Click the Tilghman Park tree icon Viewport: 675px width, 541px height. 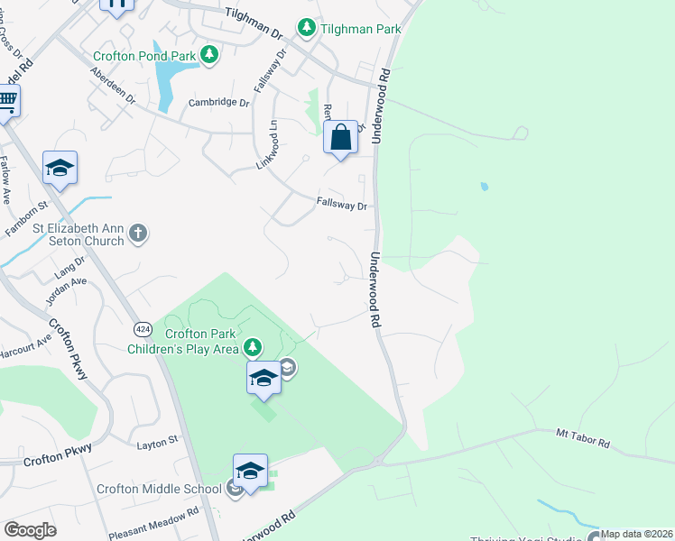pyautogui.click(x=307, y=29)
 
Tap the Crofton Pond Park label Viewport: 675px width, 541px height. pyautogui.click(x=144, y=56)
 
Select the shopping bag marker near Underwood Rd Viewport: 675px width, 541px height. pyautogui.click(x=341, y=139)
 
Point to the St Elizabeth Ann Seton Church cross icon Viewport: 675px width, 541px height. pyautogui.click(x=137, y=234)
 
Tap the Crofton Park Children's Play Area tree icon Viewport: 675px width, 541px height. pyautogui.click(x=254, y=347)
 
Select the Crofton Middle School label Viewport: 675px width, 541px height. pyautogui.click(x=159, y=489)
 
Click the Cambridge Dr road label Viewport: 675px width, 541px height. pyautogui.click(x=217, y=103)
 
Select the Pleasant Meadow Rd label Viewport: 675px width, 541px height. pyautogui.click(x=153, y=523)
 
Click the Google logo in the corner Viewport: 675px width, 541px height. pyautogui.click(x=30, y=530)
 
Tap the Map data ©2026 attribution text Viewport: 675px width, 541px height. pyautogui.click(x=636, y=534)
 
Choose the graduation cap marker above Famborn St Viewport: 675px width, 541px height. pyautogui.click(x=60, y=168)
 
